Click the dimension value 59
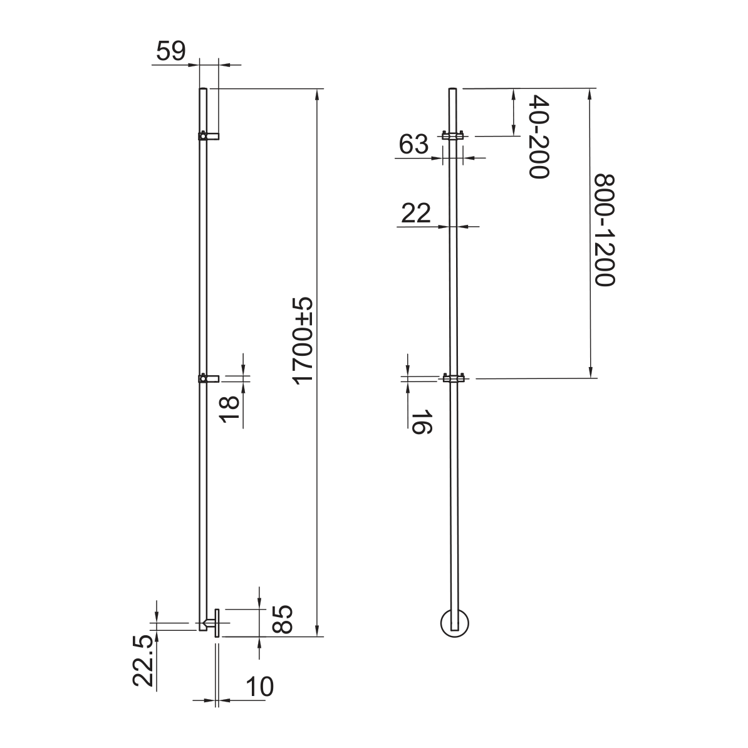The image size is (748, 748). coord(171,51)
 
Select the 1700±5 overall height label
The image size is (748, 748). coord(303,340)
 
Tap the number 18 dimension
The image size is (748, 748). coord(229,409)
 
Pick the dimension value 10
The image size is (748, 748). coord(259,687)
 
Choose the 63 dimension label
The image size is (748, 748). coord(413,144)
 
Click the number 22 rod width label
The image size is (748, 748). coord(416,213)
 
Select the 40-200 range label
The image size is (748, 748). coord(539,137)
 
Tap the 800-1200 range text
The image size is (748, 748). coord(604,231)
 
